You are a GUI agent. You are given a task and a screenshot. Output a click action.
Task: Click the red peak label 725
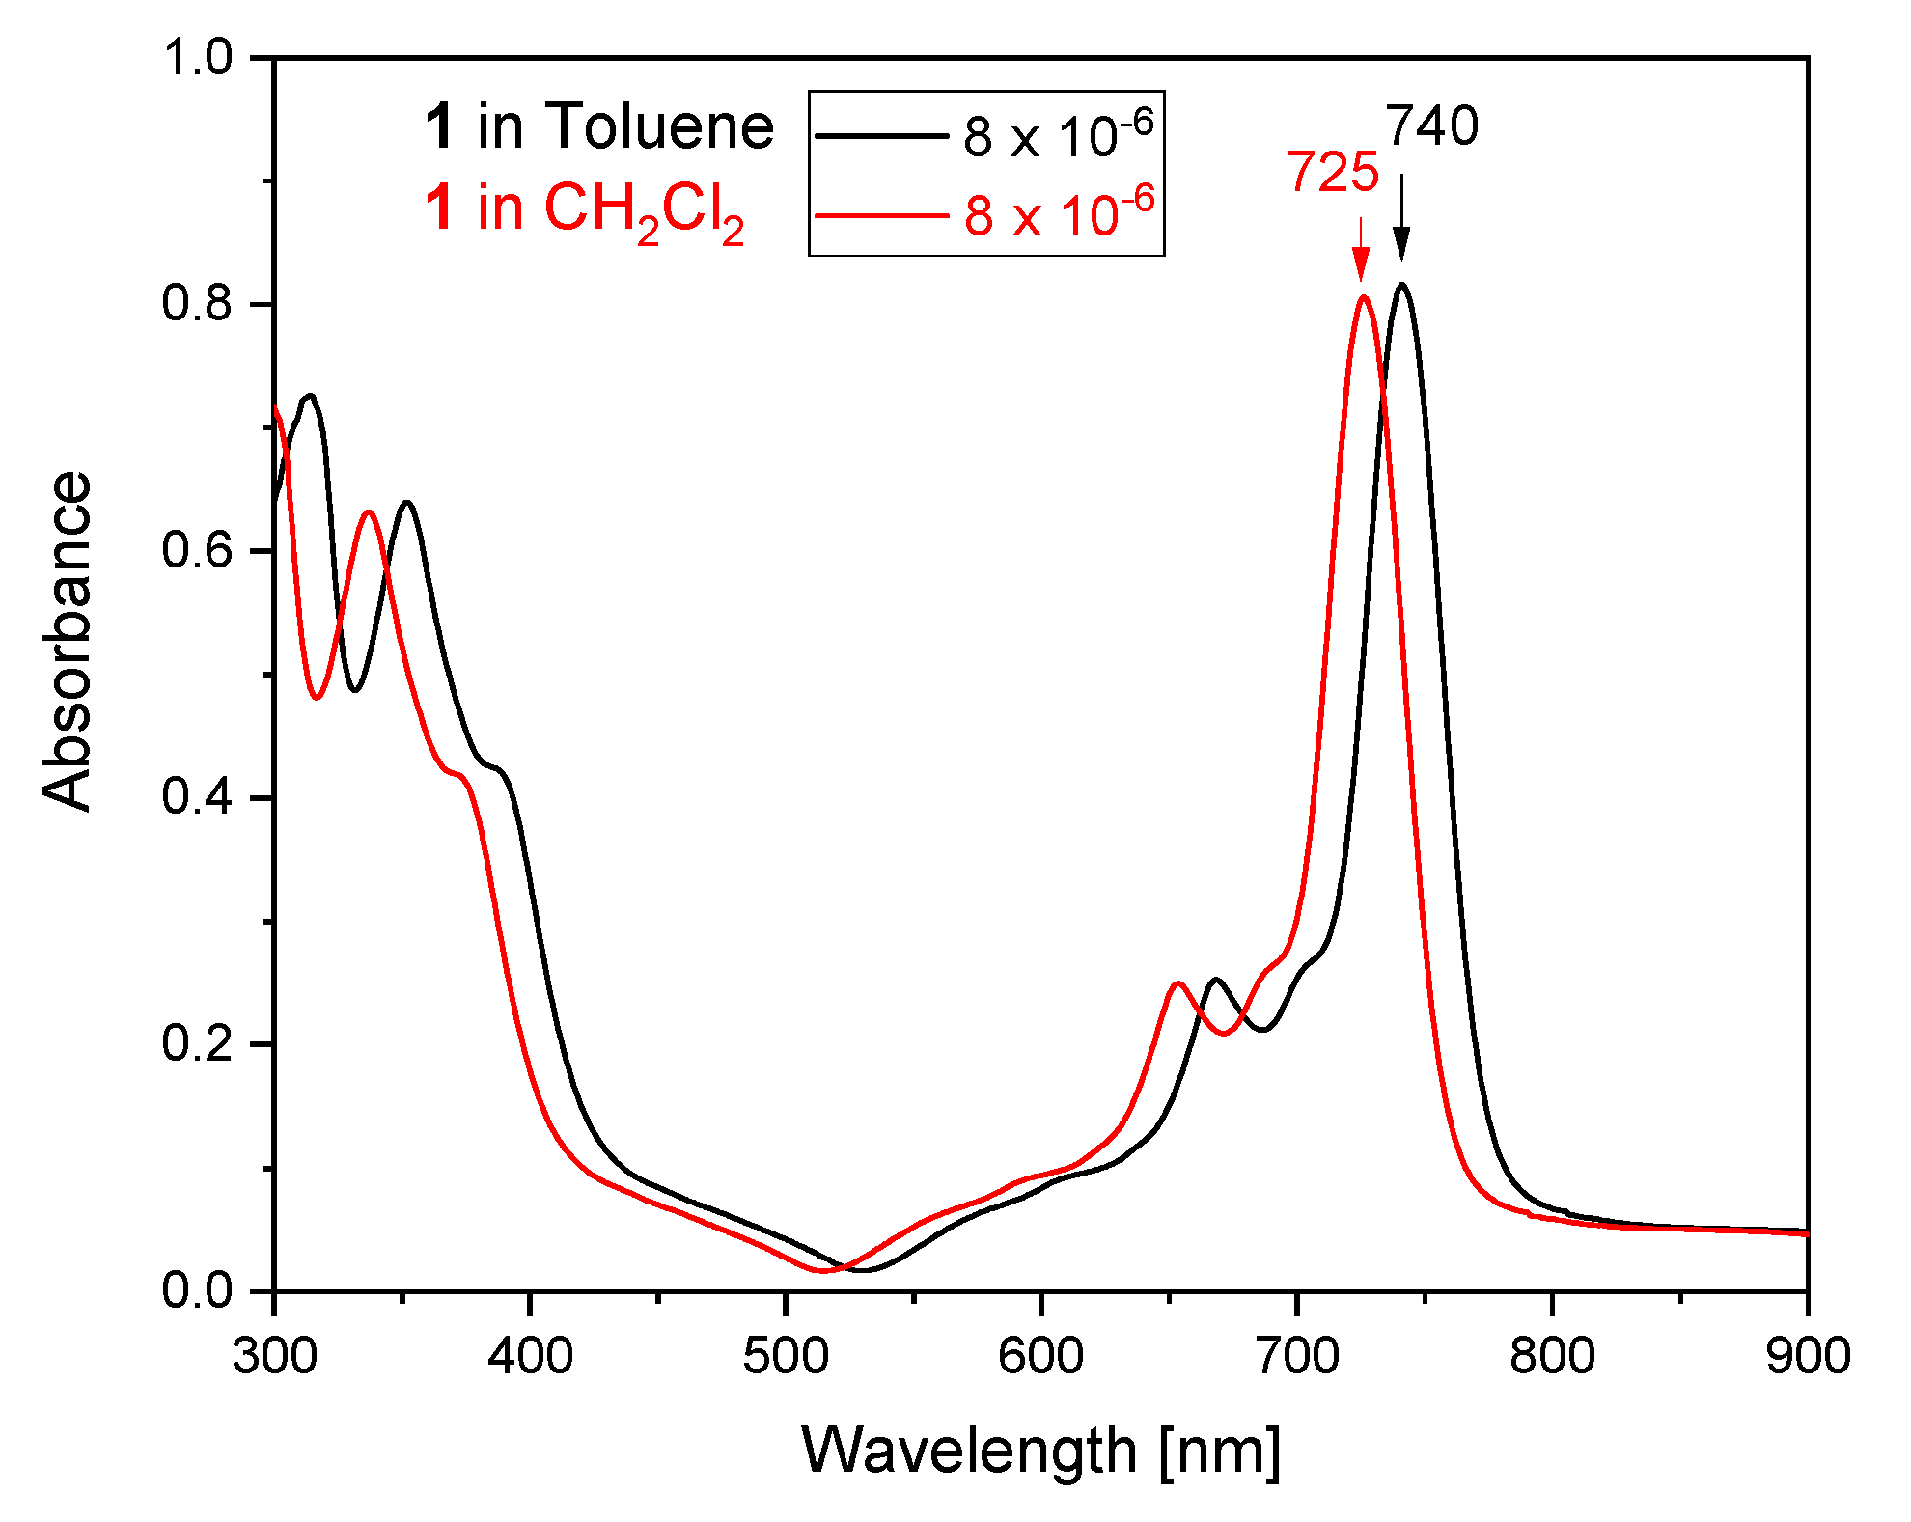coord(1333,174)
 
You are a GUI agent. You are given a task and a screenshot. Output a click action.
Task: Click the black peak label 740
coord(1432,126)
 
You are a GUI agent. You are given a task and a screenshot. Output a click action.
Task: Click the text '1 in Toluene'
coord(599,126)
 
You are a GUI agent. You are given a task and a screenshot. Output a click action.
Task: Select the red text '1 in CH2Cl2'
coord(585,210)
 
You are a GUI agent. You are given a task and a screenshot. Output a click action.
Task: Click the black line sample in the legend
coord(880,136)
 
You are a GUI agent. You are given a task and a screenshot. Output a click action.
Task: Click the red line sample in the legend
coord(880,215)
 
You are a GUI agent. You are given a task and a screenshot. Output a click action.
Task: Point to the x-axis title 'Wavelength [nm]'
coord(1040,1450)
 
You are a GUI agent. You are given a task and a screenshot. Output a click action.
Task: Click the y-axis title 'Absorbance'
coord(68,642)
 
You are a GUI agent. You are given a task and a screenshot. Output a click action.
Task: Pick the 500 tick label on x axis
coord(785,1355)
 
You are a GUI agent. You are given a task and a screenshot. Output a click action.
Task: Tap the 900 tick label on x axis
coord(1807,1355)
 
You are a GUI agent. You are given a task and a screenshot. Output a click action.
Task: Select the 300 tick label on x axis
coord(275,1355)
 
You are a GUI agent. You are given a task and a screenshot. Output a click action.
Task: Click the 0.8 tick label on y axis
coord(198,303)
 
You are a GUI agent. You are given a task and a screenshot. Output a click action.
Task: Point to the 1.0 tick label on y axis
coord(198,58)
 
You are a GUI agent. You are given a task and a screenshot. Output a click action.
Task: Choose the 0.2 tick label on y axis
coord(198,1043)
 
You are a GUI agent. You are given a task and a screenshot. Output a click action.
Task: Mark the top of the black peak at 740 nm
coord(1401,285)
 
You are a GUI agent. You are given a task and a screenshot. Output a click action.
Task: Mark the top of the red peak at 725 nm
coord(1363,297)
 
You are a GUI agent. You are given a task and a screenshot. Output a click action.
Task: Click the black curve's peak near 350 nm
coord(407,503)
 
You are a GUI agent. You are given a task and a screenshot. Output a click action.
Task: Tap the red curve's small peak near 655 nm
coord(1177,983)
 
